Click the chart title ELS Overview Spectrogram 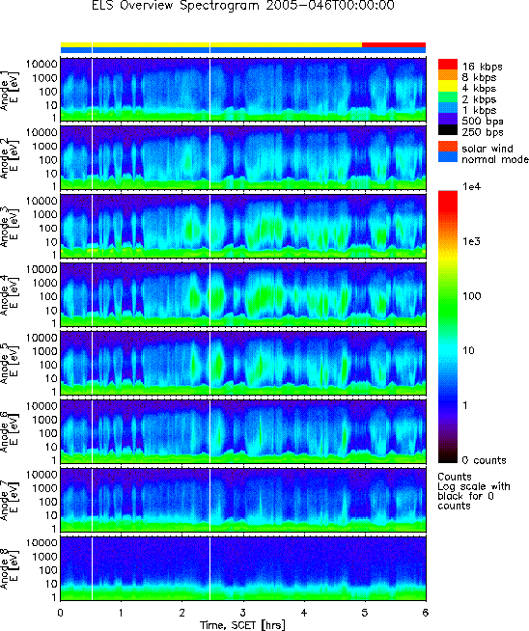pyautogui.click(x=176, y=6)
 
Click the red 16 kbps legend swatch pyautogui.click(x=448, y=65)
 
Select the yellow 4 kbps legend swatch pyautogui.click(x=448, y=86)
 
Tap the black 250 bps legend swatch pyautogui.click(x=448, y=130)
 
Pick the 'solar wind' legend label pyautogui.click(x=487, y=149)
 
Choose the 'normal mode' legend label pyautogui.click(x=495, y=159)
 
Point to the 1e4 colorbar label pyautogui.click(x=471, y=187)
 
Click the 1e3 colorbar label pyautogui.click(x=471, y=241)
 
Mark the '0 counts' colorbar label pyautogui.click(x=484, y=460)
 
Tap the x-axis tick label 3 pyautogui.click(x=243, y=613)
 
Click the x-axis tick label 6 pyautogui.click(x=425, y=613)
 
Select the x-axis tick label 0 pyautogui.click(x=61, y=613)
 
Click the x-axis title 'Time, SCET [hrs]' pyautogui.click(x=242, y=625)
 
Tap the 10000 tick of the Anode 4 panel pyautogui.click(x=42, y=269)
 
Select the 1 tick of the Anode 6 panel pyautogui.click(x=54, y=460)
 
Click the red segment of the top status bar pyautogui.click(x=394, y=44)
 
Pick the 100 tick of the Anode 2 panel pyautogui.click(x=48, y=160)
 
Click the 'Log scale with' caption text pyautogui.click(x=474, y=487)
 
